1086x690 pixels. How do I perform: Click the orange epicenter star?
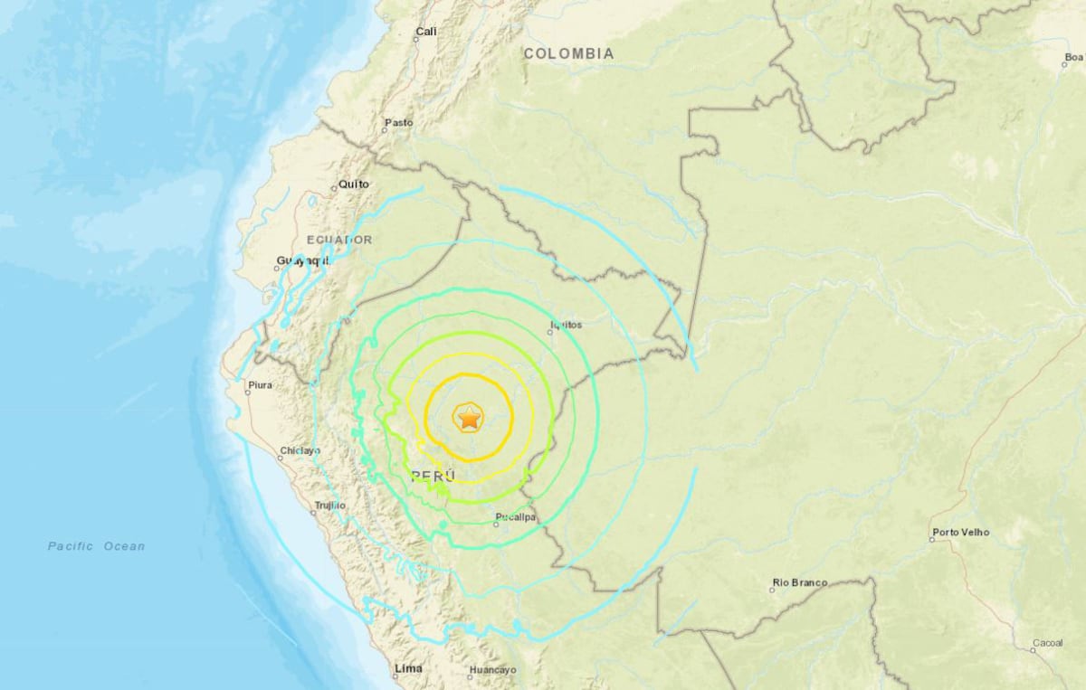coord(469,418)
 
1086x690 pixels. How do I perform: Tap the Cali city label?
coord(426,32)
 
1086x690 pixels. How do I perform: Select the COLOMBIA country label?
coord(568,54)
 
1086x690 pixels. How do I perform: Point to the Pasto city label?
coord(399,123)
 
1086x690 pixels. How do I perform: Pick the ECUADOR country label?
coord(339,240)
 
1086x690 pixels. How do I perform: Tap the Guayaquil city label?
coord(302,260)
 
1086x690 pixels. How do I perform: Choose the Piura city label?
coord(260,385)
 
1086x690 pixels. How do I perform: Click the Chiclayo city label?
coord(300,450)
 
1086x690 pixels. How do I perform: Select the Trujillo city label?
coord(329,506)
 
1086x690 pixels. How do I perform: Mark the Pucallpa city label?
coord(516,518)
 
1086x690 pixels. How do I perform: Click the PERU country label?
coord(433,476)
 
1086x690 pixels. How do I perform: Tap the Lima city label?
coord(408,670)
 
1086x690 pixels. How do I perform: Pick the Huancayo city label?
coord(492,671)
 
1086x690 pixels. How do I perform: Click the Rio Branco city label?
coord(800,583)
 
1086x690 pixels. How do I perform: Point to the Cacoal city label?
coord(1046,644)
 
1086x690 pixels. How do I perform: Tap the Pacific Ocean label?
coord(96,546)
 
